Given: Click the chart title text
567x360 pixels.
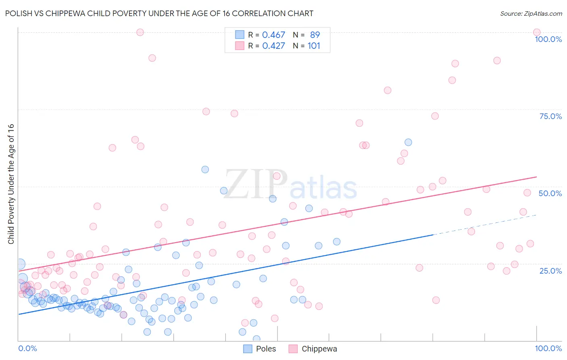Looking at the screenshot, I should point(159,13).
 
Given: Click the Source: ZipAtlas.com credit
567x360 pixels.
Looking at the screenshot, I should point(531,13).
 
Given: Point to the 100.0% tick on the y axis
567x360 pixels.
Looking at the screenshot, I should point(548,39).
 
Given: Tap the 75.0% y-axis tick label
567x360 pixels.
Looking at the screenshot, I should point(550,116).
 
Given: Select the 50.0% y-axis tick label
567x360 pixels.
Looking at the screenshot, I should point(550,193).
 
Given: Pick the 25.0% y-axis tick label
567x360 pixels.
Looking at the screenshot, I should point(550,270).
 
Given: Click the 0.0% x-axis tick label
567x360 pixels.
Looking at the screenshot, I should point(27,348).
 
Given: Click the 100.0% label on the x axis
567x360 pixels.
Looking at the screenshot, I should point(548,348).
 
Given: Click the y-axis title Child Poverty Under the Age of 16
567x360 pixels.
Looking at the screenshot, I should point(11,184).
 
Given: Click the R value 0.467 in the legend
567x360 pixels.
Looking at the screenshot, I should point(273,35).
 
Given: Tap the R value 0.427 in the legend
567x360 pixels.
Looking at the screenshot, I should point(273,46).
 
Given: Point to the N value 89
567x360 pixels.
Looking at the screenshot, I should point(315,35).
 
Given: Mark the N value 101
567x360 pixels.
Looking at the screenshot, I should point(314,46).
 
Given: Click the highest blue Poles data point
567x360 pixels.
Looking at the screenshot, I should point(408,142).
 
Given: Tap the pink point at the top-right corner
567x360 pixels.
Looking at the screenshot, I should point(536,32).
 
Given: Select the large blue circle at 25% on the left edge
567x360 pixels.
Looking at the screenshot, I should point(20,264).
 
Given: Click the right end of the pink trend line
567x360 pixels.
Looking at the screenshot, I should point(536,177).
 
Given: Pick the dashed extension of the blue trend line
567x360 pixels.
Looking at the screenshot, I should point(484,225).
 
